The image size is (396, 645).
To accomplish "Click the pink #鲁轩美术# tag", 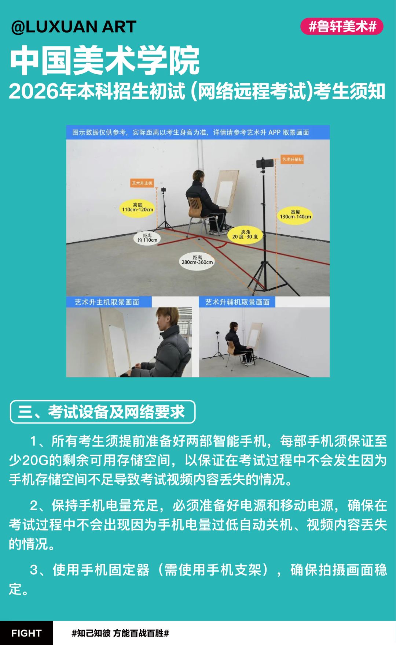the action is [x=342, y=26].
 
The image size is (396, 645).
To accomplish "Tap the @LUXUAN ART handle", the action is [x=74, y=27].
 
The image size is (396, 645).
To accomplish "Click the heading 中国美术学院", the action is [x=105, y=60].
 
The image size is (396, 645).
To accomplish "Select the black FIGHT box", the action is [x=26, y=633].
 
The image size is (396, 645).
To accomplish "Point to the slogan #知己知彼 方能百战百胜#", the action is [x=120, y=633].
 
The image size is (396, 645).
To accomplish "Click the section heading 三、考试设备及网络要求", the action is [x=103, y=412].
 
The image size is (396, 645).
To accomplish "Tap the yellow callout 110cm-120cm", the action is [x=137, y=208].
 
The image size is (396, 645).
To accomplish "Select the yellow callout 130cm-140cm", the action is [x=295, y=215].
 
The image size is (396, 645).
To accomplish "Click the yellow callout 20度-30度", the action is [x=245, y=235].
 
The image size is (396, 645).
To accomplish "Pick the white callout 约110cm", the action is [x=147, y=238].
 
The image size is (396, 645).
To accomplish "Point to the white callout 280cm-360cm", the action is [x=197, y=260].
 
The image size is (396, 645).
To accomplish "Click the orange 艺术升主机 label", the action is [x=142, y=183].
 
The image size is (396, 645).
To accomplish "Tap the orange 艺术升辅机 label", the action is [x=292, y=159].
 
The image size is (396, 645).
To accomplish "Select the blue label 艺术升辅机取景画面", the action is [x=237, y=302].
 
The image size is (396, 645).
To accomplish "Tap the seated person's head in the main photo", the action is [x=198, y=176].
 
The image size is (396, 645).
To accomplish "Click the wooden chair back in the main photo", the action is [x=195, y=207].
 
